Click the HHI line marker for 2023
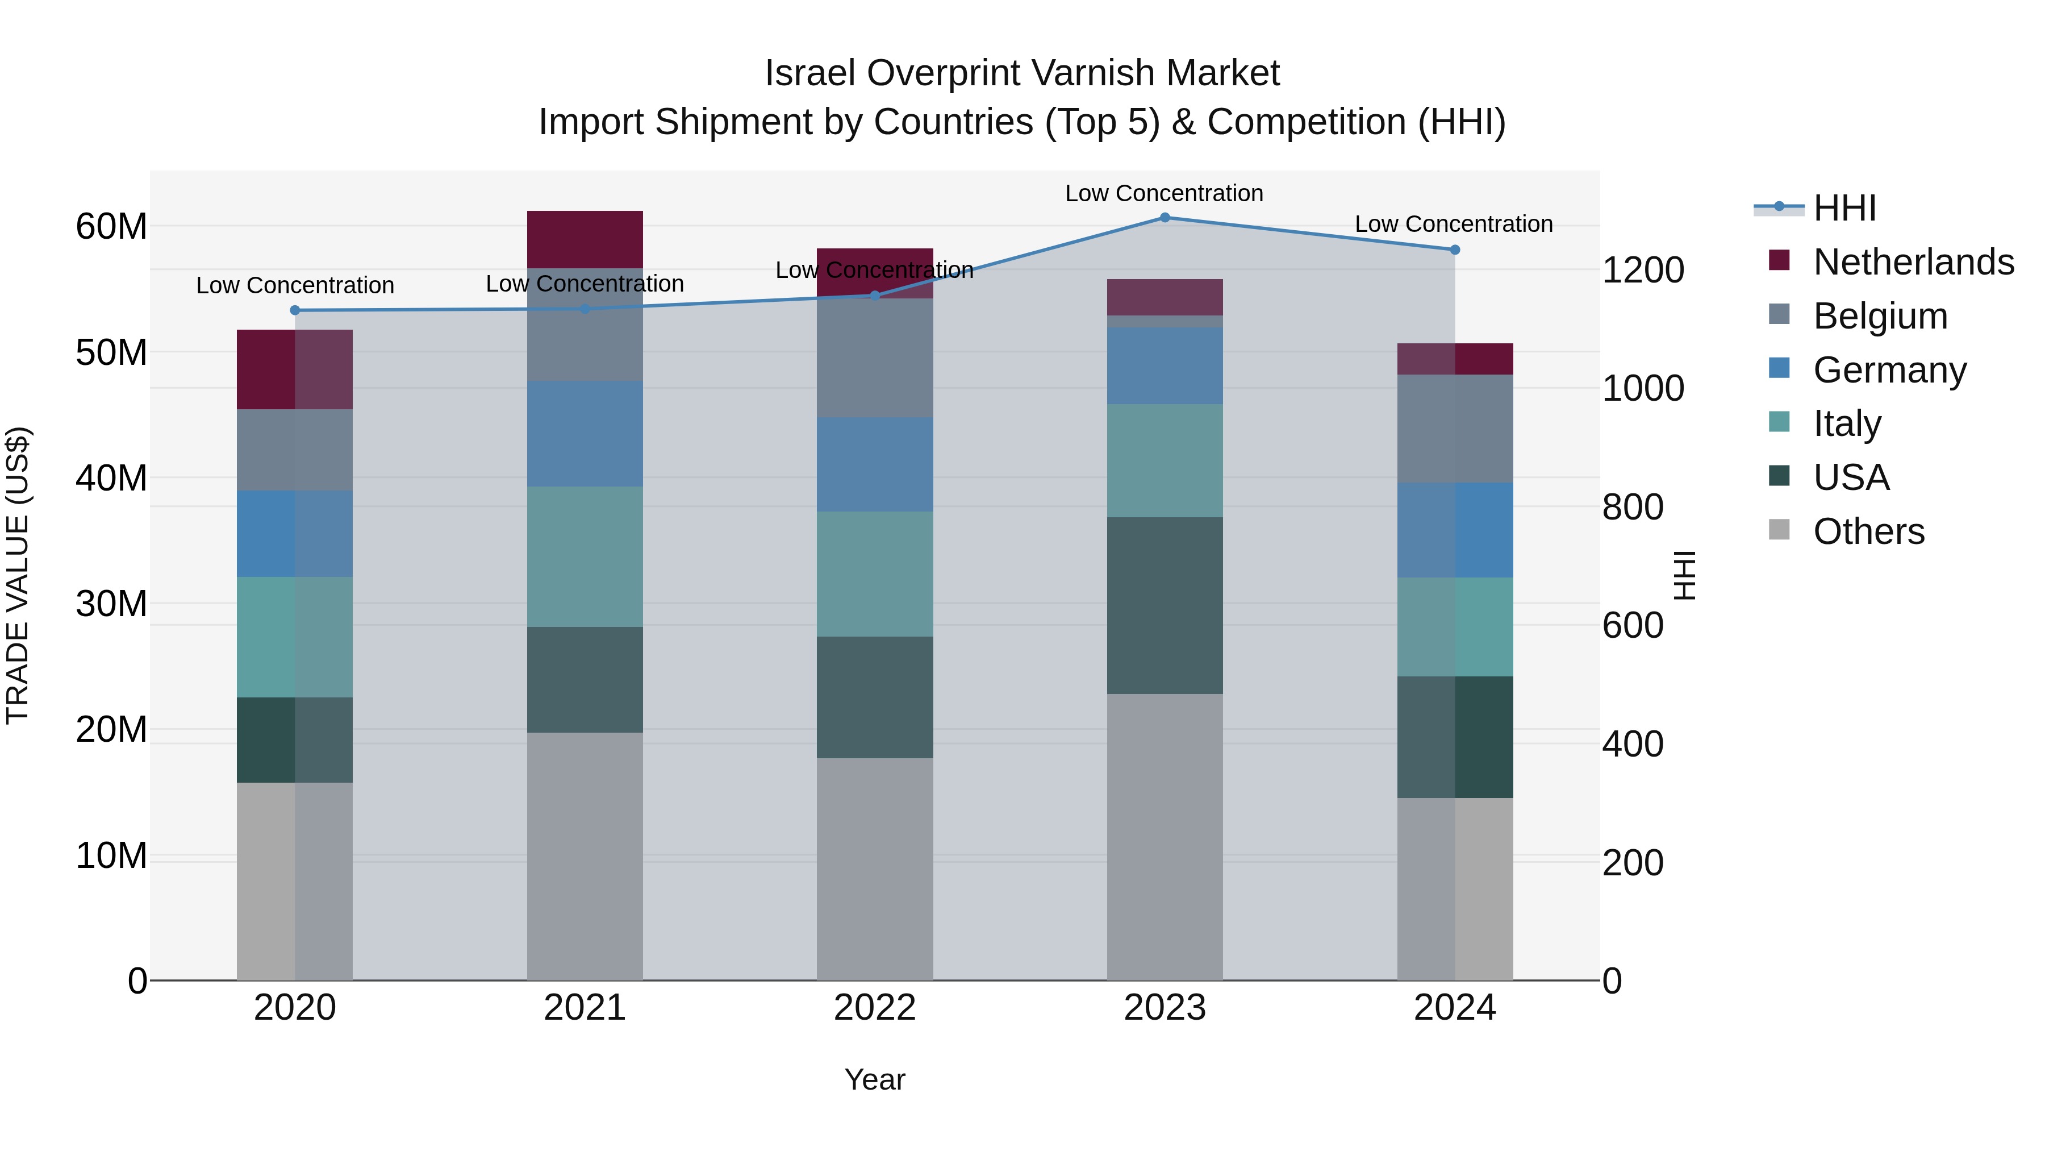coord(1165,217)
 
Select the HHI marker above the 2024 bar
coord(1454,250)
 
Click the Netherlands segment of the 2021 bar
coord(585,239)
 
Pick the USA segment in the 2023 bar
coord(1165,605)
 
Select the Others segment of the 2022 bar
coord(875,869)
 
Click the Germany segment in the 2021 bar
coord(585,434)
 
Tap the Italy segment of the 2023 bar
coord(1165,461)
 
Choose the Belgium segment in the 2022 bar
coord(875,358)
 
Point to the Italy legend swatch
coord(1779,422)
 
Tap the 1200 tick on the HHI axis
coord(1642,270)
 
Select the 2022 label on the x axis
coord(875,1008)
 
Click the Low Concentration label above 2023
coord(1164,193)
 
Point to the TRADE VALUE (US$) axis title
coord(18,575)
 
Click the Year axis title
coord(875,1079)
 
